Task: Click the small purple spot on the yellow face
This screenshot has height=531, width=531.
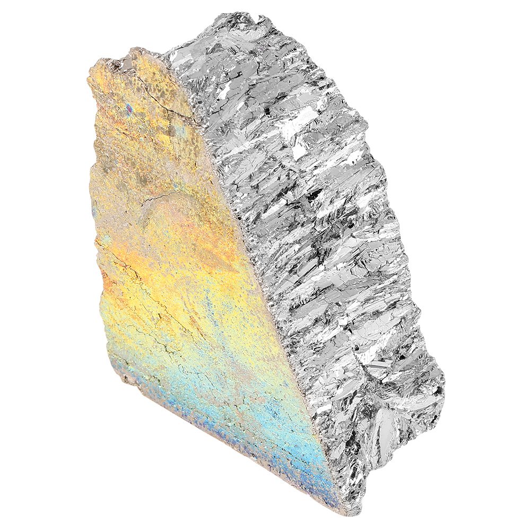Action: (129, 109)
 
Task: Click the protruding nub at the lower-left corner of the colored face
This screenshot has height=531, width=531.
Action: (126, 378)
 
